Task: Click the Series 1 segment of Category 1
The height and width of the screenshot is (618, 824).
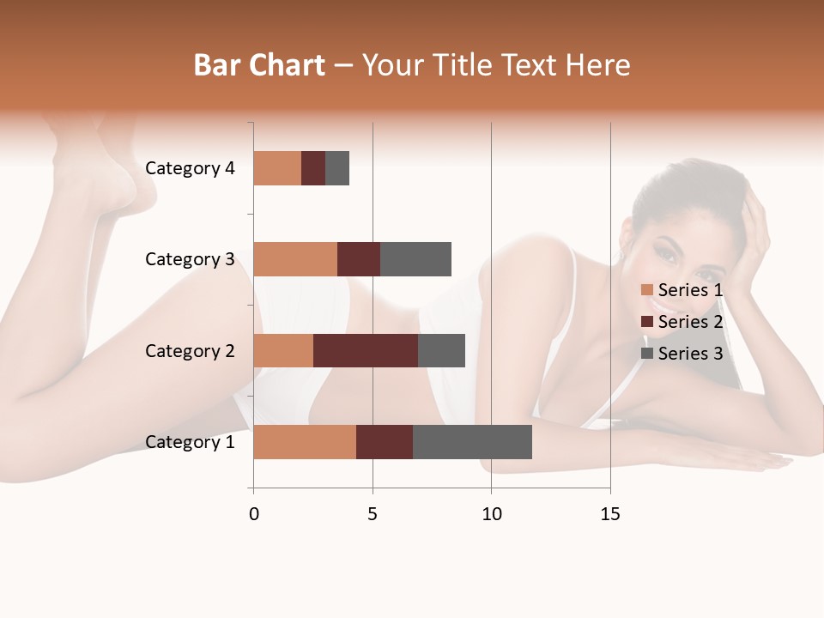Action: click(305, 441)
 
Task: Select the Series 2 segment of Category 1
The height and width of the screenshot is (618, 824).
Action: click(385, 441)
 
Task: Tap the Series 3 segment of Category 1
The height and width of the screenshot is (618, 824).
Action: click(472, 441)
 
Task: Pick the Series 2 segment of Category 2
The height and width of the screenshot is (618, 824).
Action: click(366, 350)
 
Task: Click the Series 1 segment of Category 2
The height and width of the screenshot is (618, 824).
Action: click(283, 350)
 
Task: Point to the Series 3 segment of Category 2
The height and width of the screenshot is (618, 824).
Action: click(441, 350)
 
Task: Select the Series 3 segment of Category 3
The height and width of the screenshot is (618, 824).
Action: click(415, 259)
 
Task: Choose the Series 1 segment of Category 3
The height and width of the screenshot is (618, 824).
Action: click(295, 259)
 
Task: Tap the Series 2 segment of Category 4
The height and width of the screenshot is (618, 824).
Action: click(313, 168)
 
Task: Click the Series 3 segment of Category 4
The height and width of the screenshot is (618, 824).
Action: click(337, 168)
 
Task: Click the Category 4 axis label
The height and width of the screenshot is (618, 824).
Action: click(190, 168)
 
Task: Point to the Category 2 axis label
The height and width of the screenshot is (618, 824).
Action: click(190, 351)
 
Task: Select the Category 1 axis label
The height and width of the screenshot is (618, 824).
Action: click(190, 442)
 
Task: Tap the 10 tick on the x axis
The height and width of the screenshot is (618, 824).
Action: click(491, 514)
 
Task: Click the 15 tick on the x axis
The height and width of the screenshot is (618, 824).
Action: click(609, 514)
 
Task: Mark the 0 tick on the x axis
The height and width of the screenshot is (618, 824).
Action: click(253, 514)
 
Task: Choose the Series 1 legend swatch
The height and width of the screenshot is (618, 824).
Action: click(647, 290)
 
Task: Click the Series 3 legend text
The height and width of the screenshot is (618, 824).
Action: click(690, 354)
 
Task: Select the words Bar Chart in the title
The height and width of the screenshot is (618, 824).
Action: click(259, 65)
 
